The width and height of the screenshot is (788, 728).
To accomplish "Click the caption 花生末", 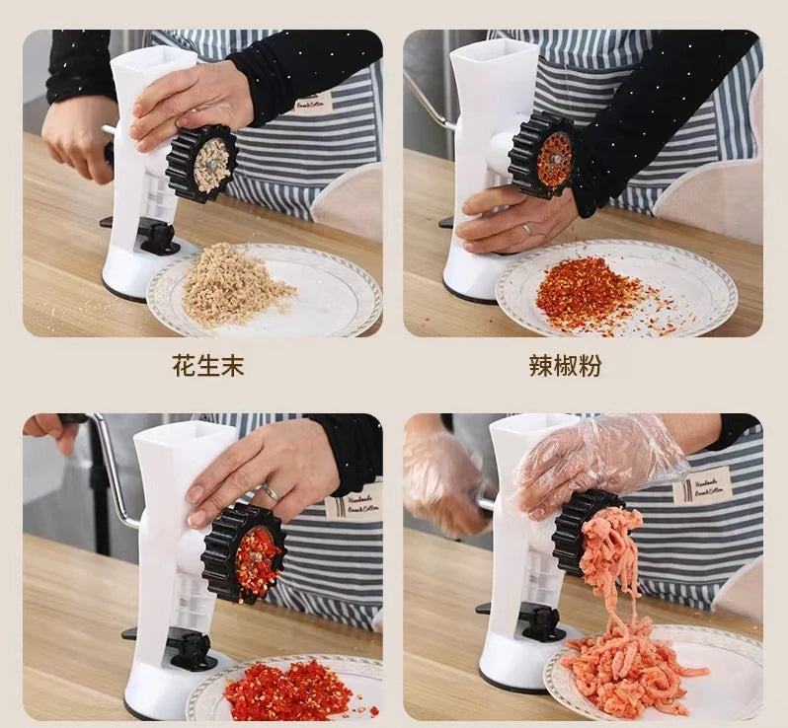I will (208, 366).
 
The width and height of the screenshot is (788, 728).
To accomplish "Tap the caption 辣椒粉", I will (564, 366).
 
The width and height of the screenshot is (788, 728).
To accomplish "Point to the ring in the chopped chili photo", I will (270, 491).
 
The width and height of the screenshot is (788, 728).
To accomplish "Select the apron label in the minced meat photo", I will (702, 484).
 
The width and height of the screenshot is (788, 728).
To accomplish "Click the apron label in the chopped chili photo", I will (353, 500).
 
